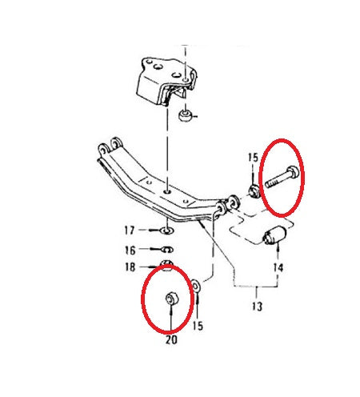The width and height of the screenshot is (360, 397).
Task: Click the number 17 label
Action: point(130,231)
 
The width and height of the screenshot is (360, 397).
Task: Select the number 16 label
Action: point(130,251)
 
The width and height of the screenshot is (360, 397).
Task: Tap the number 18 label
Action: point(130,267)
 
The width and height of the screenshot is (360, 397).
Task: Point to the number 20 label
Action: point(171,339)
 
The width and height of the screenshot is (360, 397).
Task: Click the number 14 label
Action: point(278,267)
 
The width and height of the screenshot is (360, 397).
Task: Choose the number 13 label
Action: point(257,307)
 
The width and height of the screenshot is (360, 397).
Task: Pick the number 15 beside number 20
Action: point(198,326)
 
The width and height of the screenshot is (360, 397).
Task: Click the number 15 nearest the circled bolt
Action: point(253,158)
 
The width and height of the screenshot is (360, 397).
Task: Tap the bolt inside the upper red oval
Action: point(282,177)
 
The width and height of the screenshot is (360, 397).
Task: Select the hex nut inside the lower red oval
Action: point(172,299)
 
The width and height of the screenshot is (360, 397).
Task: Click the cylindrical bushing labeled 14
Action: point(274,235)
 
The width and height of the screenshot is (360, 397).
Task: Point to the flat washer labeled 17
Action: point(166,231)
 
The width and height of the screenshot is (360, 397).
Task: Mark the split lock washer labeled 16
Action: point(167,250)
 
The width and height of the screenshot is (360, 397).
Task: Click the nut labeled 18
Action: point(166,265)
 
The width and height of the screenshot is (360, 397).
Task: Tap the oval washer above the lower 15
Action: point(196,287)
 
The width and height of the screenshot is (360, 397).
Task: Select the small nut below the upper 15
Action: point(254,192)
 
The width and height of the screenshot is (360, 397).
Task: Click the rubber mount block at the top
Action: point(166,82)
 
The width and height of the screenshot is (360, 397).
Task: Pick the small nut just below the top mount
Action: point(185,115)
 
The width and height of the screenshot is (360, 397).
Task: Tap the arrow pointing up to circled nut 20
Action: point(171,319)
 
